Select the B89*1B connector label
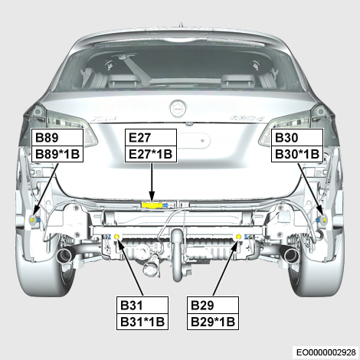57,154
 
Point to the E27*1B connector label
151,154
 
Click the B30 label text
286,138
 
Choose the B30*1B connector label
297,154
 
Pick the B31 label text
132,306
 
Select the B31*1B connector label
142,322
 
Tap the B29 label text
202,306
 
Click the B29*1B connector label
213,322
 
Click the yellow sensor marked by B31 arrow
116,237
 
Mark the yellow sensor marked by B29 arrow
239,237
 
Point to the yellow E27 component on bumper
151,205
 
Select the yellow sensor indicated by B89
33,219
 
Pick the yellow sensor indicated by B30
325,219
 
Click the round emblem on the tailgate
178,109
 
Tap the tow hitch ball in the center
178,235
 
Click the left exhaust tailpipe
64,256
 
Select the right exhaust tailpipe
290,256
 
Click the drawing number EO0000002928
326,352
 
